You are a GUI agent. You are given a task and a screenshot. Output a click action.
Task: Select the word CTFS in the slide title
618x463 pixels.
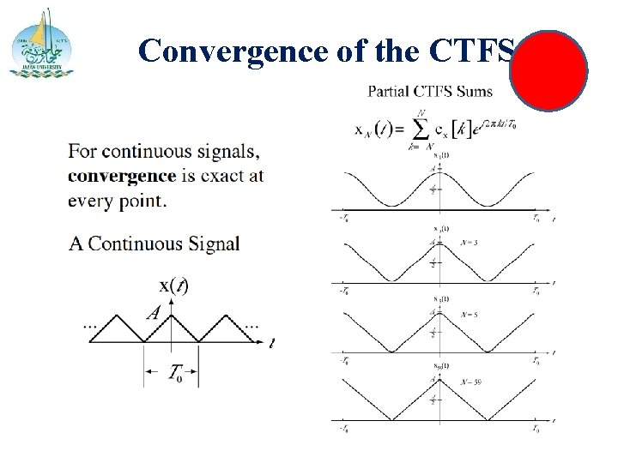coord(476,51)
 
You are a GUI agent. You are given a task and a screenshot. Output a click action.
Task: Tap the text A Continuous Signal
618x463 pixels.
coord(154,244)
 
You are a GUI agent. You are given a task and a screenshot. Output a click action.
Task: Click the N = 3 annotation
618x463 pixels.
coord(469,243)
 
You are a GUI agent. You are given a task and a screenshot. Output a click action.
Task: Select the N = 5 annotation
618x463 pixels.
coord(469,314)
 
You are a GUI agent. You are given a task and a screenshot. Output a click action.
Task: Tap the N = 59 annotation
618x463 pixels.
coord(470,382)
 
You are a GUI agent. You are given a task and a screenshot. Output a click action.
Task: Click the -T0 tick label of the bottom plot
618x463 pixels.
coord(343,429)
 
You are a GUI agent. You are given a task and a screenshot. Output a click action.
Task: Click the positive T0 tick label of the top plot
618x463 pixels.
coord(536,219)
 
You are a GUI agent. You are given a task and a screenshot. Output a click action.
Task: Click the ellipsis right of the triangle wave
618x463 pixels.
coord(251,327)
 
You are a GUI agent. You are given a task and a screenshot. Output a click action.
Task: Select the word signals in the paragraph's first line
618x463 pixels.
coord(226,153)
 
